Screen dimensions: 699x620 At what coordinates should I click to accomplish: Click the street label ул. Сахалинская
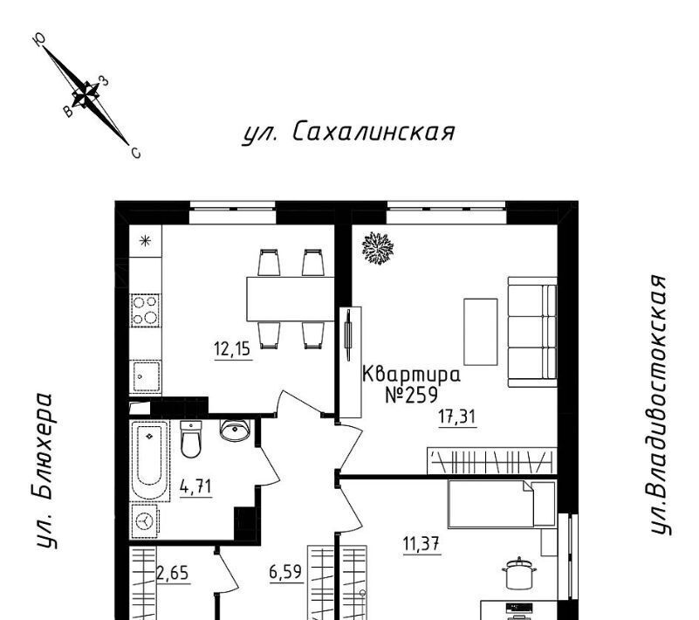348,132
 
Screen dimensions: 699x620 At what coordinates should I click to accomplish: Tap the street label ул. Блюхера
45,471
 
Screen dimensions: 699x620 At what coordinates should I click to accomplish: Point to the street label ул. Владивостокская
659,404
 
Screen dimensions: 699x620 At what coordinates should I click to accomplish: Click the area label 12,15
232,348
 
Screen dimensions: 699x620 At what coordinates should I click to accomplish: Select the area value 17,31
457,417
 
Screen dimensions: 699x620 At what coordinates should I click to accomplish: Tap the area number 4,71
195,486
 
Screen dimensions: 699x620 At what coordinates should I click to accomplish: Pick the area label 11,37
421,544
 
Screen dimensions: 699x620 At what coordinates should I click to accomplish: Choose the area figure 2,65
173,572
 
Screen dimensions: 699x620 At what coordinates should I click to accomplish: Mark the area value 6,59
285,571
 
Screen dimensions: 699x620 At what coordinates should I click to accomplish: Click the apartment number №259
412,395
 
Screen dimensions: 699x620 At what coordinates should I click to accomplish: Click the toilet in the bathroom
191,439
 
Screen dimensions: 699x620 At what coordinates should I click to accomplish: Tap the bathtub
149,460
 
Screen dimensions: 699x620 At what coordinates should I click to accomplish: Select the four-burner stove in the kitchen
146,310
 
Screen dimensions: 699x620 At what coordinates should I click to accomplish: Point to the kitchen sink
146,377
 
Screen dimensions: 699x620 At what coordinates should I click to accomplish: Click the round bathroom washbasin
235,430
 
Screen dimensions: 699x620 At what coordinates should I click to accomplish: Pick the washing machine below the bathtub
145,521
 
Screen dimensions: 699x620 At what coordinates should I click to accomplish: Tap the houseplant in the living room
378,248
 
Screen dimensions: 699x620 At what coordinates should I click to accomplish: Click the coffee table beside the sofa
481,332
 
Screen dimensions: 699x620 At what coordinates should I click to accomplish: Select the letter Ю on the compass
39,39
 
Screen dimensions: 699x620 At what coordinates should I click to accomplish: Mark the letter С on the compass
136,154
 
